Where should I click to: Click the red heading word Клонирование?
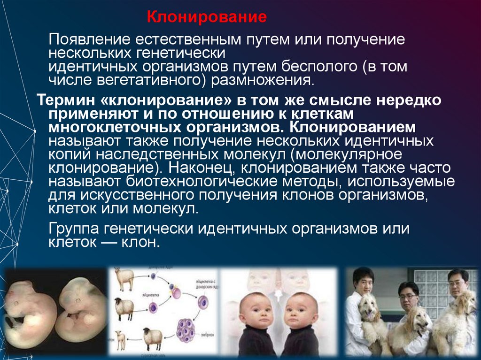207,18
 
